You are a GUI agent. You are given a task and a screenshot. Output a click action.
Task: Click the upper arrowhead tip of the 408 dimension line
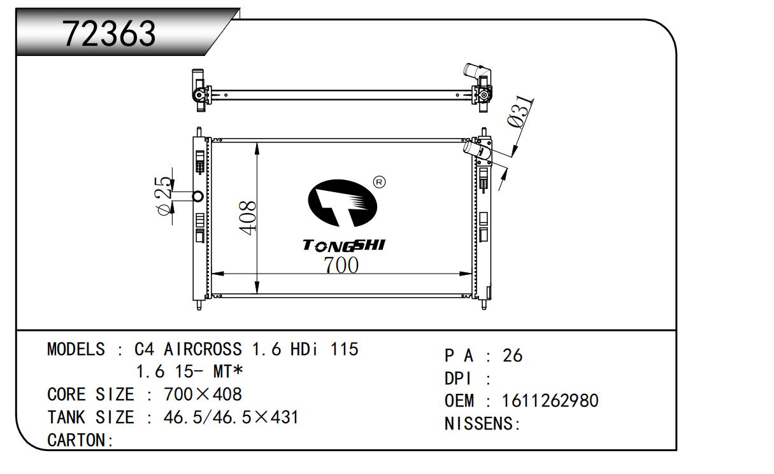coord(257,143)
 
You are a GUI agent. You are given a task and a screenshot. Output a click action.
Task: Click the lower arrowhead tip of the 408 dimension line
coord(257,294)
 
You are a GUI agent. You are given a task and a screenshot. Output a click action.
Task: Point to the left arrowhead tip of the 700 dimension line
coord(211,274)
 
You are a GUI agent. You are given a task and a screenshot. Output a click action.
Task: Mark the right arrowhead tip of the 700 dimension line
coord(472,274)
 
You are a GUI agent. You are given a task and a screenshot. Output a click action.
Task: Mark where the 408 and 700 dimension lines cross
coord(257,274)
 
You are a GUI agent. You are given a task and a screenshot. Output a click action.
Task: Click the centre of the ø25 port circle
coord(197,197)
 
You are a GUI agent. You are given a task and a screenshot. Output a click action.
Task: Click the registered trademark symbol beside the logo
coord(380,182)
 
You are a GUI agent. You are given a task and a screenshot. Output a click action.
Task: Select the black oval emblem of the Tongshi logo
coord(342,203)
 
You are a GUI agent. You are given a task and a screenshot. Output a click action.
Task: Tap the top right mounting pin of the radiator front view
coord(484,132)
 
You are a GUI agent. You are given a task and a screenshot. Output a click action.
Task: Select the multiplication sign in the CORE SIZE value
coord(203,394)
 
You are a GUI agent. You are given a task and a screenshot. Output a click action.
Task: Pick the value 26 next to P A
coord(512,356)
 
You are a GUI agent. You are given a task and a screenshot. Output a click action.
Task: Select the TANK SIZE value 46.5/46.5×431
coord(231,417)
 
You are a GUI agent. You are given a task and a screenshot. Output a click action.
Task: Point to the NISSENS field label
coord(482,424)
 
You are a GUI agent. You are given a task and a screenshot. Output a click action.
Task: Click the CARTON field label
coord(80,440)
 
